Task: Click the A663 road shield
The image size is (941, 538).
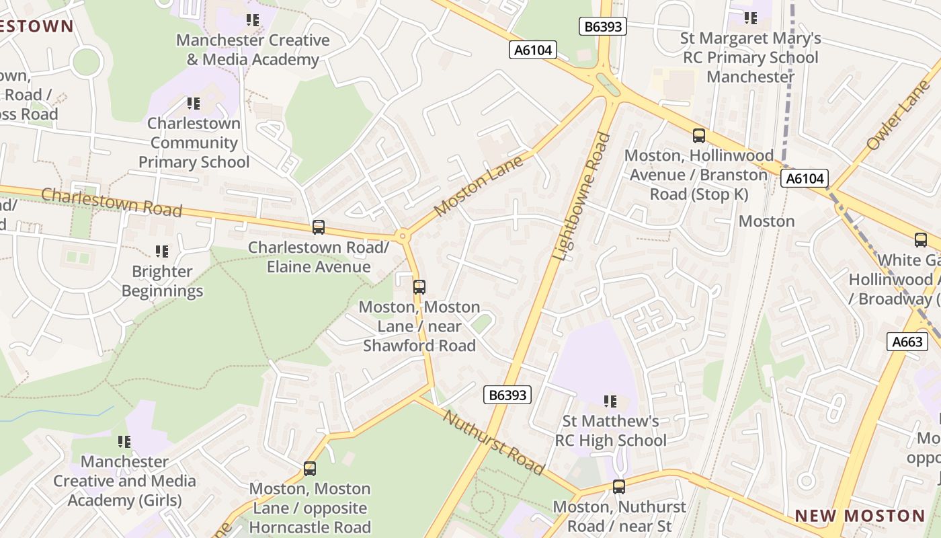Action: pyautogui.click(x=907, y=342)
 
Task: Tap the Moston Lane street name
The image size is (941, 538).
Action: pyautogui.click(x=479, y=187)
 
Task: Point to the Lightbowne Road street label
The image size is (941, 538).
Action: pyautogui.click(x=581, y=196)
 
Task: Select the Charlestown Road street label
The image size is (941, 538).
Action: pyautogui.click(x=112, y=202)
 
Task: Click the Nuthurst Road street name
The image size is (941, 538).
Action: pyautogui.click(x=493, y=441)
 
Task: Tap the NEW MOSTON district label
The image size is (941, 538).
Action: pyautogui.click(x=860, y=516)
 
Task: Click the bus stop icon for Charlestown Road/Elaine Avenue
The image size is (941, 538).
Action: pyautogui.click(x=319, y=227)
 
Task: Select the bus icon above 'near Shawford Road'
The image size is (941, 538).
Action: pyautogui.click(x=419, y=287)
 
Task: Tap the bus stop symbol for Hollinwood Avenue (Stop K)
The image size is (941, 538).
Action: pyautogui.click(x=699, y=136)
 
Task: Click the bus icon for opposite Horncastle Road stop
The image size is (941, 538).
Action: pyautogui.click(x=310, y=469)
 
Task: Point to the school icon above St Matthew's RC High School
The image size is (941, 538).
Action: pyautogui.click(x=610, y=401)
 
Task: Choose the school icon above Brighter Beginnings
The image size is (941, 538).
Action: pyautogui.click(x=162, y=252)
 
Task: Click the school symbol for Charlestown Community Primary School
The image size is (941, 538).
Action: pyautogui.click(x=194, y=104)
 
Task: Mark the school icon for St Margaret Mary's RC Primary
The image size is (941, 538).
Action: pyautogui.click(x=750, y=18)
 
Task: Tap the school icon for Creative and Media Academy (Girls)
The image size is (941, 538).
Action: pyautogui.click(x=124, y=442)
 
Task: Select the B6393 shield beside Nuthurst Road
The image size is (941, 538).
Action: pyautogui.click(x=507, y=395)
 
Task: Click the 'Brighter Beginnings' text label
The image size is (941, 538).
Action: pyautogui.click(x=162, y=281)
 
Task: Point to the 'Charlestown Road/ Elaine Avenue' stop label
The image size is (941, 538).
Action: pyautogui.click(x=319, y=257)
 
